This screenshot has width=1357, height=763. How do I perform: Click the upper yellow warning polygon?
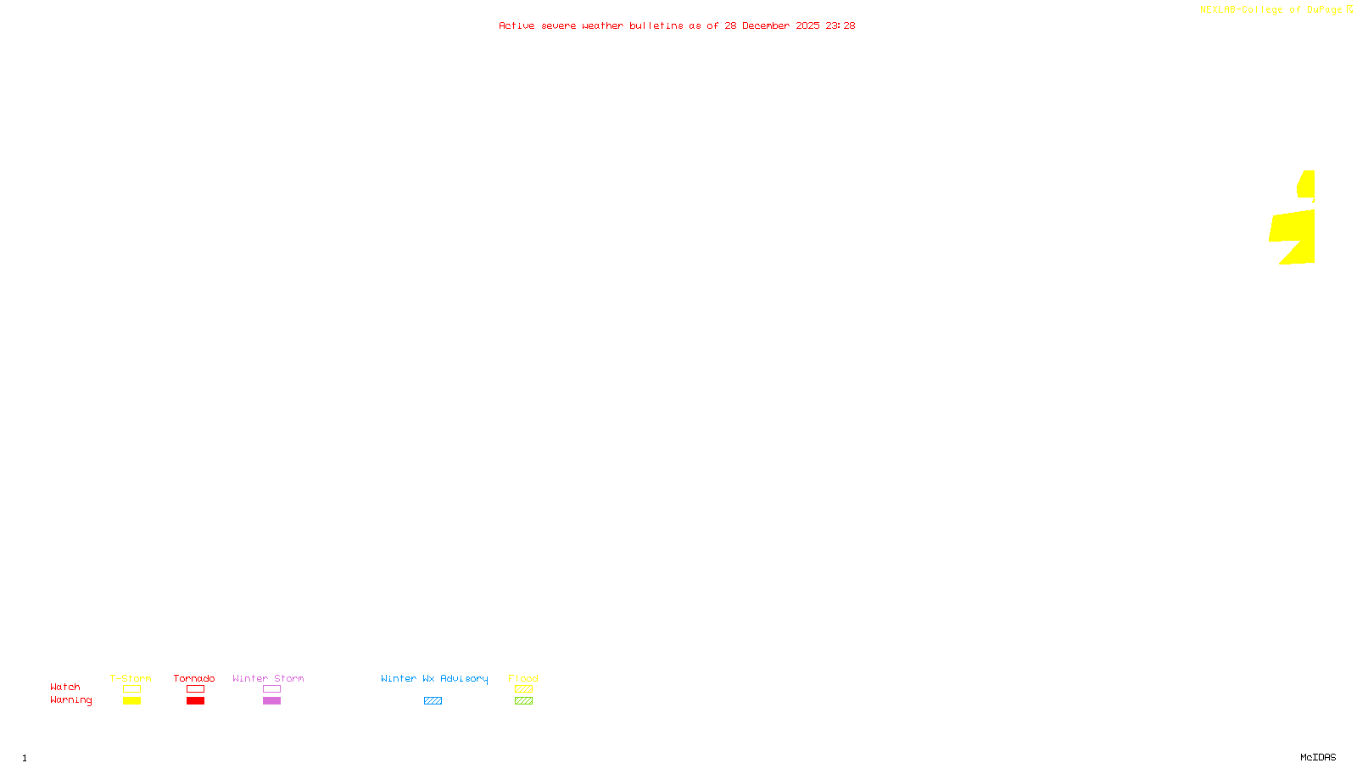[x=1307, y=185]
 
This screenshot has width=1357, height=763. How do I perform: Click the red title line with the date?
[x=677, y=26]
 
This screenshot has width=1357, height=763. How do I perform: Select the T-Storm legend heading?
[x=131, y=678]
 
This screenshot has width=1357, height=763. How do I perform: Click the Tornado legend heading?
[x=194, y=678]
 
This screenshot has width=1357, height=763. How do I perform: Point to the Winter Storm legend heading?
[x=268, y=678]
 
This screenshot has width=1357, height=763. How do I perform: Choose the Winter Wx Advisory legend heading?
[x=434, y=678]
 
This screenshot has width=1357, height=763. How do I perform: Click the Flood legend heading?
[x=523, y=678]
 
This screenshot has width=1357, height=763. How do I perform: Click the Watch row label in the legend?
[x=65, y=688]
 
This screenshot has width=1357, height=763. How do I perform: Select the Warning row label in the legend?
[x=71, y=700]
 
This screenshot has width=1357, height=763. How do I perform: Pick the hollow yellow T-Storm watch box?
[x=131, y=689]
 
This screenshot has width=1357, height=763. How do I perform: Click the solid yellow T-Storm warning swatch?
[x=131, y=701]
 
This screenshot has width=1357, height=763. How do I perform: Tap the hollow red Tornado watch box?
[x=195, y=689]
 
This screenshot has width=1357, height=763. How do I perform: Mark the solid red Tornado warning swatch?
[x=195, y=701]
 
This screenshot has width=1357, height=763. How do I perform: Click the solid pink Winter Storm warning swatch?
[x=271, y=701]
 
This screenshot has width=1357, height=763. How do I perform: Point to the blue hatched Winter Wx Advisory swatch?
[x=433, y=701]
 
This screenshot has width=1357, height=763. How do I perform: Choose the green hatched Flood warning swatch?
[x=523, y=701]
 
